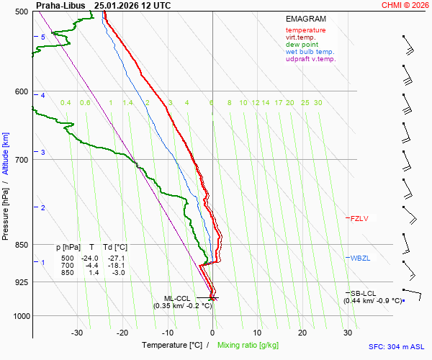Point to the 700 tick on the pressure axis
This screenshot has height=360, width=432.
22,159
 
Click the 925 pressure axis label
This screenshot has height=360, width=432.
22,282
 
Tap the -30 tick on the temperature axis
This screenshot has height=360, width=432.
77,333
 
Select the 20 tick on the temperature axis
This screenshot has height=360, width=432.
302,333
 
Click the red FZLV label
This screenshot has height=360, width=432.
359,217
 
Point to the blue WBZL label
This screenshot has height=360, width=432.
360,258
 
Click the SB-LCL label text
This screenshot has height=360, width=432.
364,293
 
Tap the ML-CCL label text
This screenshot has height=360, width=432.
178,298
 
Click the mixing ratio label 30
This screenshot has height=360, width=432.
318,103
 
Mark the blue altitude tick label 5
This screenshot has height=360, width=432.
43,37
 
